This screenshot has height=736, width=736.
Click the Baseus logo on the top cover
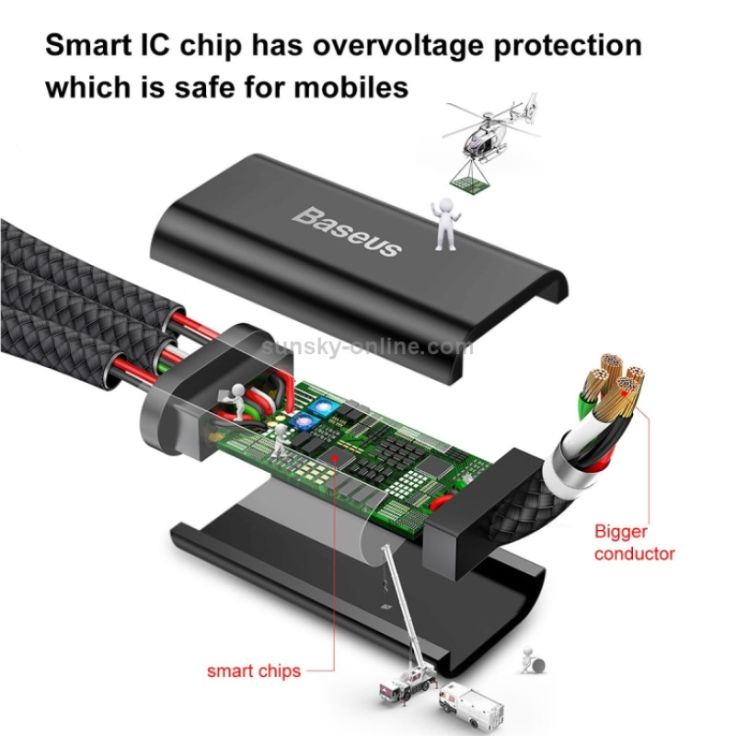point(348,231)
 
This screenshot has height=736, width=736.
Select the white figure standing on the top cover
point(445,224)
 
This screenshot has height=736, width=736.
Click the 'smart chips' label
point(254,671)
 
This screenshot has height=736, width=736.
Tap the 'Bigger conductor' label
point(634,542)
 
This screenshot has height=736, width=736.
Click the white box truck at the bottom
point(471,707)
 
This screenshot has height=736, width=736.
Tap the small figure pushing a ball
point(534,661)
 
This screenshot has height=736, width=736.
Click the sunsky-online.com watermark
point(367,347)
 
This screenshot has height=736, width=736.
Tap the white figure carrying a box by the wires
point(236,400)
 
